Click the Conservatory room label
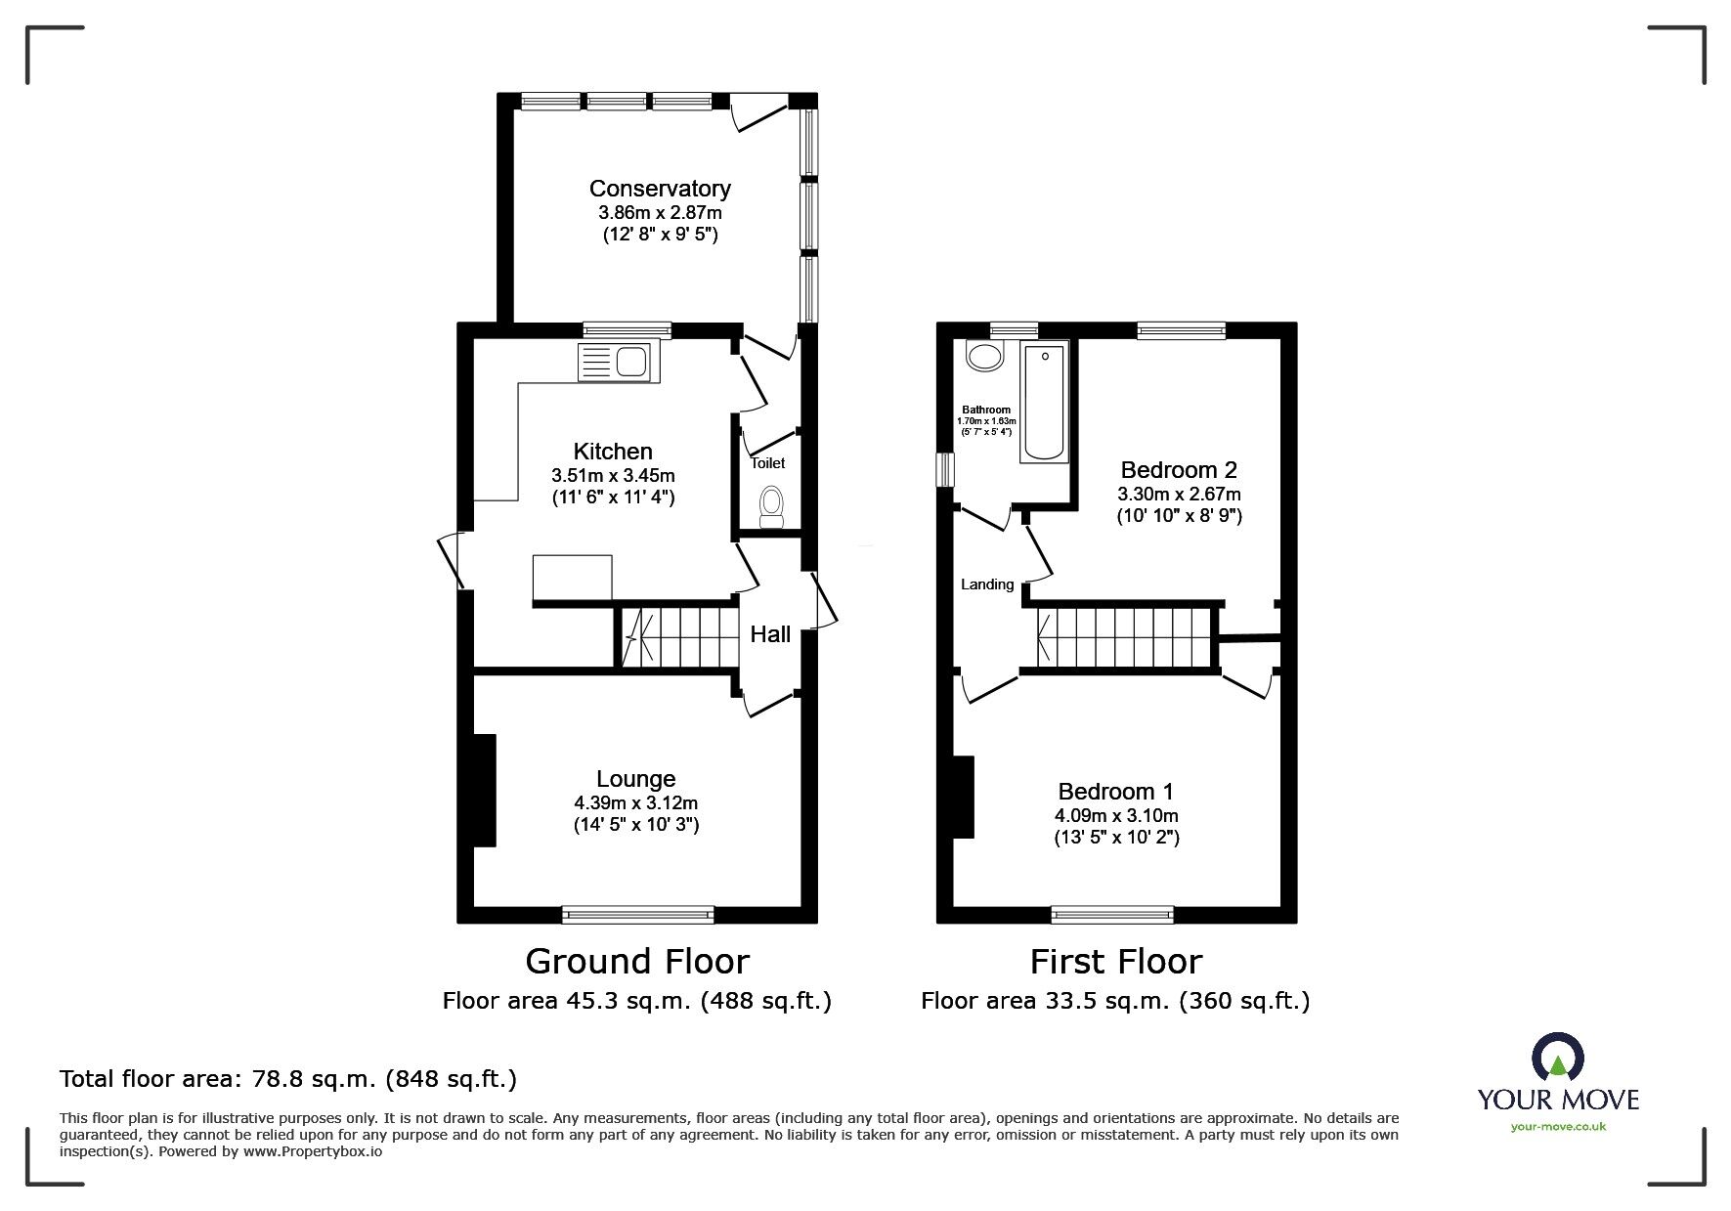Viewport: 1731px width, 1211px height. pyautogui.click(x=660, y=189)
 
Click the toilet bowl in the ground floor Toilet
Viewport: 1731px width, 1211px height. pyautogui.click(x=771, y=505)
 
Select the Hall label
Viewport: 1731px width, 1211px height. pyautogui.click(x=770, y=635)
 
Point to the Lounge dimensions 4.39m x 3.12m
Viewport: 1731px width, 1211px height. pyautogui.click(x=635, y=802)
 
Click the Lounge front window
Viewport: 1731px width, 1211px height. pyautogui.click(x=637, y=915)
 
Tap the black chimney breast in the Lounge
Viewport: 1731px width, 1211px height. pyautogui.click(x=484, y=790)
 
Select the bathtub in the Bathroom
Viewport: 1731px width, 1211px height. pyautogui.click(x=1044, y=402)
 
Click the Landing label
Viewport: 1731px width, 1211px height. pyautogui.click(x=987, y=584)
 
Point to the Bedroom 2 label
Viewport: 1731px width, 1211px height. pyautogui.click(x=1179, y=470)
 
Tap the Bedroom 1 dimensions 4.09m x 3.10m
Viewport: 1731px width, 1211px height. pyautogui.click(x=1116, y=815)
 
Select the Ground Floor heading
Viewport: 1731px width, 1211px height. pyautogui.click(x=637, y=962)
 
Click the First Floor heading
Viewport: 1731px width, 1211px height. pyautogui.click(x=1115, y=962)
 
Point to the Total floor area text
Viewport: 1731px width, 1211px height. pyautogui.click(x=288, y=1079)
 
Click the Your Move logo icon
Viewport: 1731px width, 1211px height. pyautogui.click(x=1557, y=1059)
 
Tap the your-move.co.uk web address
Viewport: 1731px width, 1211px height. pyautogui.click(x=1558, y=1127)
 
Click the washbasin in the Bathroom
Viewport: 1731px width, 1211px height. pyautogui.click(x=984, y=356)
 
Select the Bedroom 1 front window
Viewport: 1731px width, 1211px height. pyautogui.click(x=1112, y=915)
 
